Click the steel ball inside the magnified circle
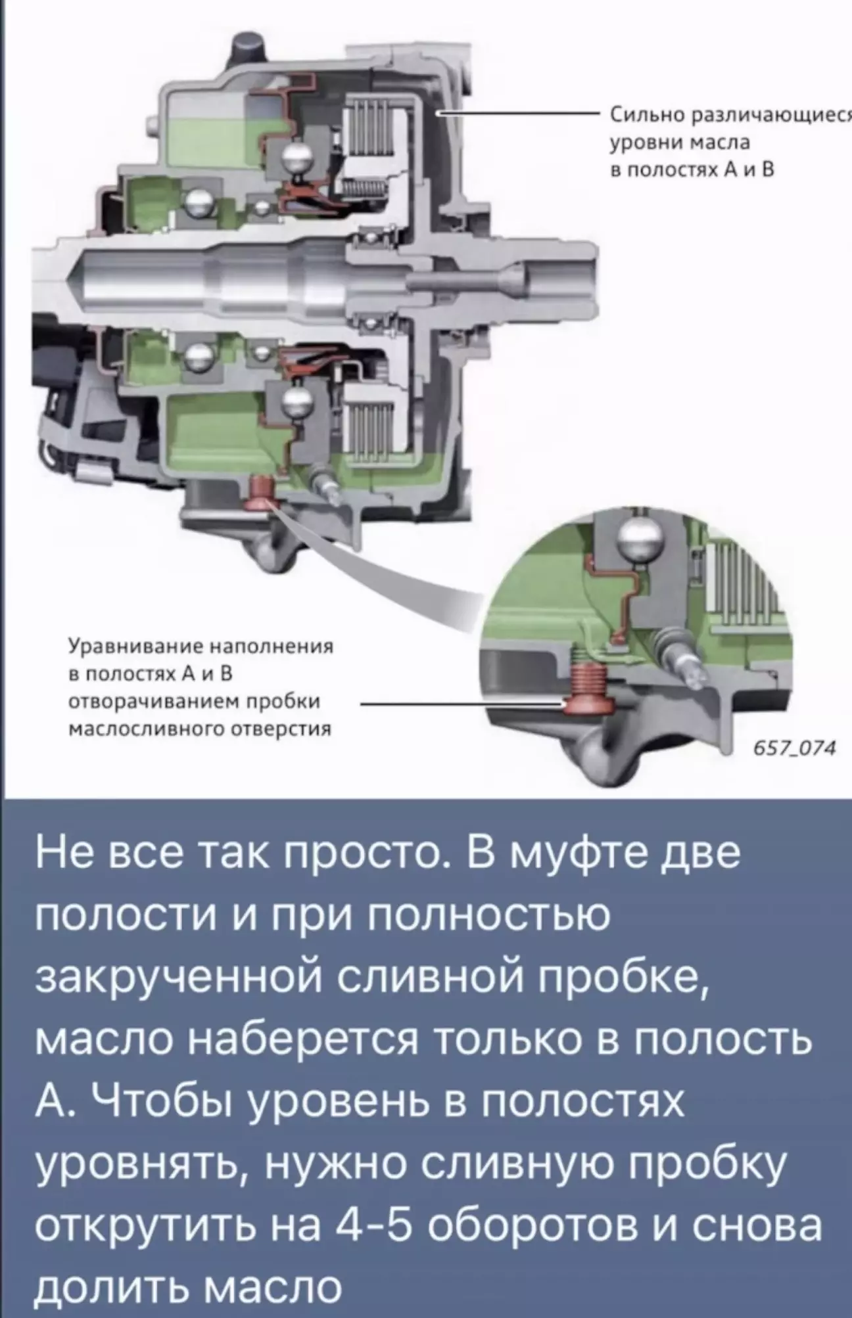[640, 539]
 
